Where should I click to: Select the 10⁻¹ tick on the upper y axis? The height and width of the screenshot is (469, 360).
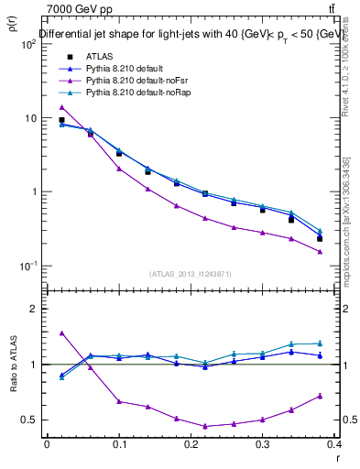tap(30, 266)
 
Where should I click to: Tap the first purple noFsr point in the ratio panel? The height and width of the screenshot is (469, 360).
tap(61, 333)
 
